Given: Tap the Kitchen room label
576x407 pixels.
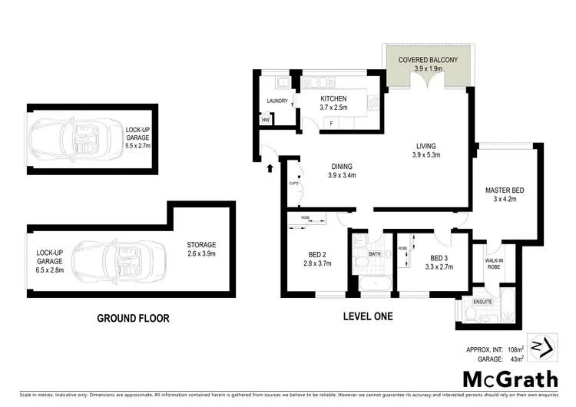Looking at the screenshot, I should click(334, 99).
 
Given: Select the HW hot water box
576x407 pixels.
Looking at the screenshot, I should click(266, 120).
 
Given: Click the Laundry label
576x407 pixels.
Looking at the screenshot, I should click(276, 101).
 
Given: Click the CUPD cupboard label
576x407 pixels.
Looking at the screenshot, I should click(293, 184).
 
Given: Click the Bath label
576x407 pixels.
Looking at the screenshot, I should click(374, 253).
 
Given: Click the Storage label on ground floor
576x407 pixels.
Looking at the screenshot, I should click(201, 245).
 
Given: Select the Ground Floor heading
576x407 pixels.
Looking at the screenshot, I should click(133, 317).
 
